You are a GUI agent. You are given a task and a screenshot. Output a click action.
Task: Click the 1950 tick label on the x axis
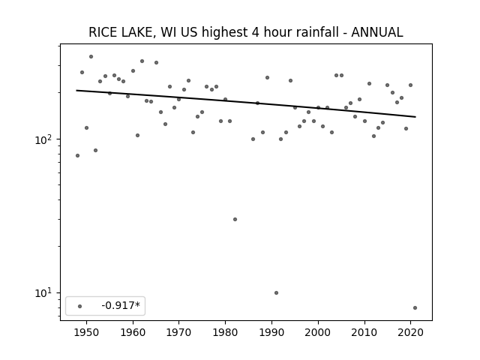click(87, 332)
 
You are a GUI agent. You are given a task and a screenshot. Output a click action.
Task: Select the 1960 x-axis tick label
click(133, 332)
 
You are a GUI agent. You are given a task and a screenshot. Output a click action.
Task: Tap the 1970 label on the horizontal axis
click(178, 332)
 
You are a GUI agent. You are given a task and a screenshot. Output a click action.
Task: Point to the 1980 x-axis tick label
click(225, 332)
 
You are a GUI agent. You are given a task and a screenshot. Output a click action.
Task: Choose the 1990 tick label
click(271, 332)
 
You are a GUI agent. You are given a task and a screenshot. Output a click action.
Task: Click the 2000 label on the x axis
click(318, 332)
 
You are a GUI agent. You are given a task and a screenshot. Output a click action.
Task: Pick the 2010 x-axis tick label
click(364, 332)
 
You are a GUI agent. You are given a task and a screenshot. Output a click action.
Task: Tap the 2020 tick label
click(410, 332)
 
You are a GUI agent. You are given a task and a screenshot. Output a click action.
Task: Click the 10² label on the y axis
click(44, 139)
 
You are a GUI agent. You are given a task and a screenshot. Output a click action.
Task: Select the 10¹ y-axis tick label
click(44, 293)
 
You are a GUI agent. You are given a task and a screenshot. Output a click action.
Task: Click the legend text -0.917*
click(121, 305)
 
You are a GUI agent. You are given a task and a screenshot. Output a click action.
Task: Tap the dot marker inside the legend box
click(80, 306)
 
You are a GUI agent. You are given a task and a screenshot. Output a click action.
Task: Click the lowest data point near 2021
click(415, 308)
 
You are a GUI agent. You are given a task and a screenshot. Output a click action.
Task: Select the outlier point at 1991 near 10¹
click(276, 293)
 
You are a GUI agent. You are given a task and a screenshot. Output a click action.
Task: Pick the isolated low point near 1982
click(235, 220)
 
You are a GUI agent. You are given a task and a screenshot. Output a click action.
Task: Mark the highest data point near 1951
click(91, 57)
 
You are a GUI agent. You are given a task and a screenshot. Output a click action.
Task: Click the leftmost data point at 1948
click(77, 156)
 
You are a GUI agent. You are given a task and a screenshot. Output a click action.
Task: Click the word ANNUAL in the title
click(376, 32)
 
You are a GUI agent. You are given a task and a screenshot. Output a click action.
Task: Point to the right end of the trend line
click(415, 117)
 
